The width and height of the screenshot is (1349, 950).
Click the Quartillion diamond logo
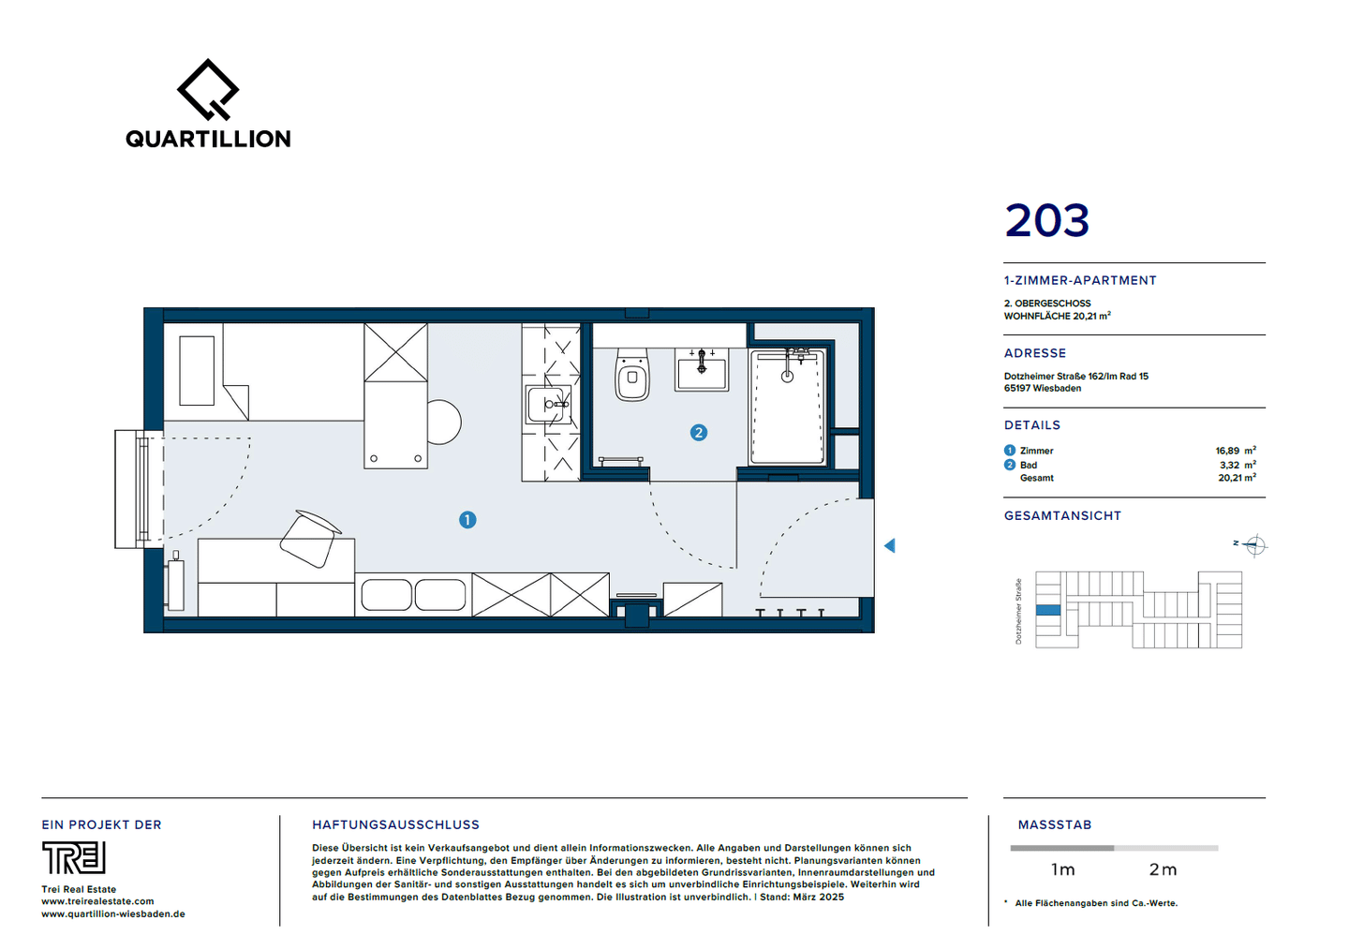[208, 89]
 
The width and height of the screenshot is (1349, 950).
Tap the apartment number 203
[1046, 220]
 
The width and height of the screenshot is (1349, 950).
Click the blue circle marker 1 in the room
[467, 520]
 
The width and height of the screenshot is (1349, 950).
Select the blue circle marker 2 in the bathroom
[699, 433]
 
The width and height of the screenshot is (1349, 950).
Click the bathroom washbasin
[702, 370]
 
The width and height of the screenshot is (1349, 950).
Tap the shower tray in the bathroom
[787, 408]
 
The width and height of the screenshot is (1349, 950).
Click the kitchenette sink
[547, 405]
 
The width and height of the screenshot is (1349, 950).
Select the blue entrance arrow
[890, 546]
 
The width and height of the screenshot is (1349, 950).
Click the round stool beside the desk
[444, 423]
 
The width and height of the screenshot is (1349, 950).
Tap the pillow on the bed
[197, 370]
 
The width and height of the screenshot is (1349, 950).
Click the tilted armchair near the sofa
[309, 539]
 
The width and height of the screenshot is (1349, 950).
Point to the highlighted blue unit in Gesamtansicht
[1048, 610]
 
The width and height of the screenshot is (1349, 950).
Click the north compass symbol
[1254, 546]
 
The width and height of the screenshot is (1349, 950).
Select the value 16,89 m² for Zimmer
[1236, 451]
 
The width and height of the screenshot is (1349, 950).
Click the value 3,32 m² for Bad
[1238, 465]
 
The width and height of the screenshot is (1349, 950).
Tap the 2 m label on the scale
[1163, 869]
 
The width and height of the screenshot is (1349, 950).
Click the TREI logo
[73, 857]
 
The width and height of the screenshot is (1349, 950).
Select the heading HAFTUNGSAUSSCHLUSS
[395, 824]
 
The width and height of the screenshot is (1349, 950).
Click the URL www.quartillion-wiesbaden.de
[113, 913]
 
